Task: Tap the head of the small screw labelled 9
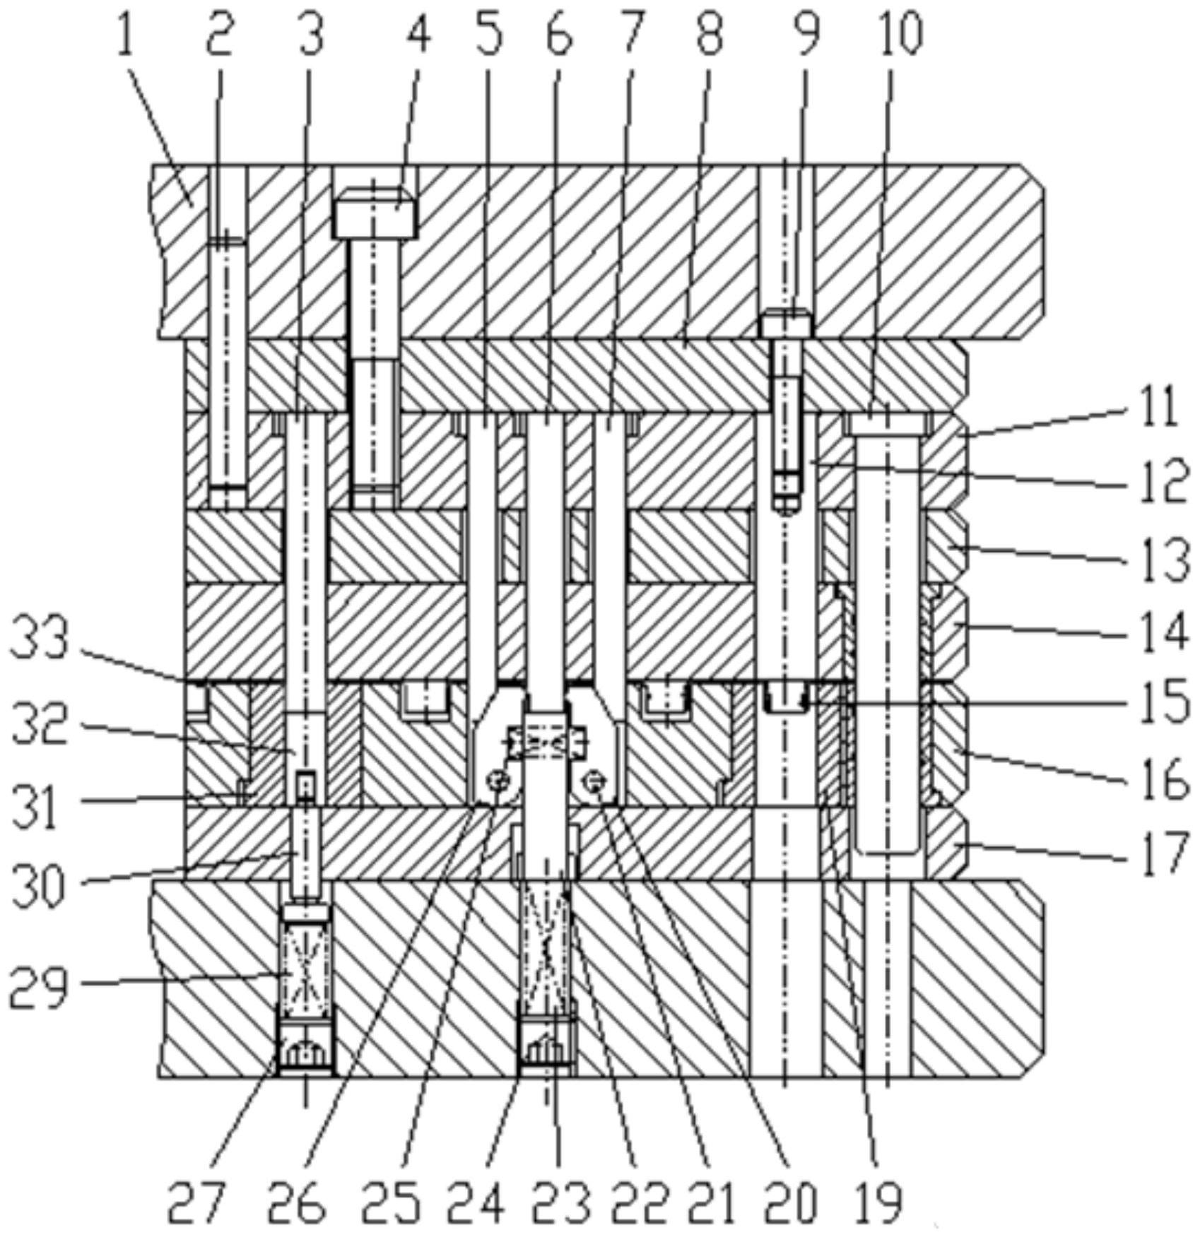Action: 787,326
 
